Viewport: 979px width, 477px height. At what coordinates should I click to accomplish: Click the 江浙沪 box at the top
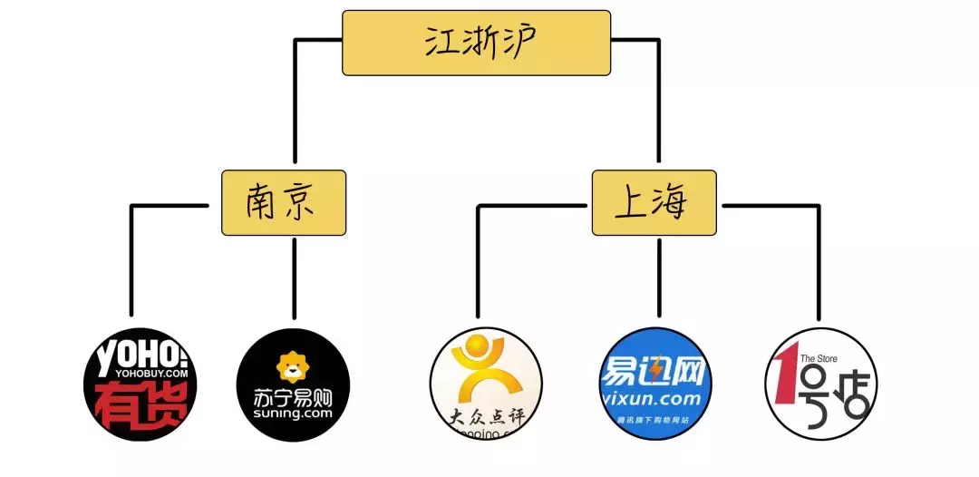tap(475, 43)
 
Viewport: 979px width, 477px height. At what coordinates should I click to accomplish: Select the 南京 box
tap(284, 202)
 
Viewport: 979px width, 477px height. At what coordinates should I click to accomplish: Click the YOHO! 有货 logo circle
tap(140, 385)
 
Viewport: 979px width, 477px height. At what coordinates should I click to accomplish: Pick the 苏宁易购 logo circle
tap(292, 385)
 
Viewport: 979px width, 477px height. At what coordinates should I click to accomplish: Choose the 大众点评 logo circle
tap(486, 385)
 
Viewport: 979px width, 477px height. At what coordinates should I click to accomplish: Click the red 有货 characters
tap(140, 405)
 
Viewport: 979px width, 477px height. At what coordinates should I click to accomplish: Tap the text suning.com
tap(292, 413)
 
